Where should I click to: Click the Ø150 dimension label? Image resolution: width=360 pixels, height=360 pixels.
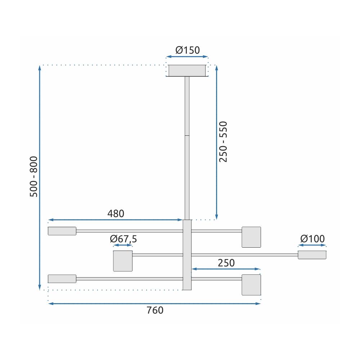pos(188,50)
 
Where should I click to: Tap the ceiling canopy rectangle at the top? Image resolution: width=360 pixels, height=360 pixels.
pos(187,71)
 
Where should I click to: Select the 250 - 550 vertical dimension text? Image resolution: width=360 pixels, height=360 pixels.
pos(224,142)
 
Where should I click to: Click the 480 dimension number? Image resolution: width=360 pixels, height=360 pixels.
pos(116,213)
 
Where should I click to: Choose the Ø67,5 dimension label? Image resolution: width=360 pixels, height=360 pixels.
pos(123,239)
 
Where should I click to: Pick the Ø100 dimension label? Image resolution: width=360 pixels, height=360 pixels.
pos(312,239)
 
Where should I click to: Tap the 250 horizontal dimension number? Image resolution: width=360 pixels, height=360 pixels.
pos(226,263)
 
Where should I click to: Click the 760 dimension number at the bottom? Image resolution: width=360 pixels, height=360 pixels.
pos(155,310)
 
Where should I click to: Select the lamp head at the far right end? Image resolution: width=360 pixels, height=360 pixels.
pos(312,255)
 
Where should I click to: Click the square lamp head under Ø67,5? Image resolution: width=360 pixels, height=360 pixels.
pos(123,261)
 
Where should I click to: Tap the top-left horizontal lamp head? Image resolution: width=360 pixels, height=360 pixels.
pos(62,231)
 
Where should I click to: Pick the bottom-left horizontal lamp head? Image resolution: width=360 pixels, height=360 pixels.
pos(62,279)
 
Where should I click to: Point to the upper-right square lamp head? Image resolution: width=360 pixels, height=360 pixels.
pos(251,237)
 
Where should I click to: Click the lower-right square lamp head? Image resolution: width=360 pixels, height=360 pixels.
pos(251,285)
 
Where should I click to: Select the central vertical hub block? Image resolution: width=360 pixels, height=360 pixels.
pos(187,255)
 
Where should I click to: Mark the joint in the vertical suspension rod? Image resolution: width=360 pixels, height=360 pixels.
pos(187,136)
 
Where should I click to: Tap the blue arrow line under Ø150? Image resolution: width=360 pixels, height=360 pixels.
pos(187,57)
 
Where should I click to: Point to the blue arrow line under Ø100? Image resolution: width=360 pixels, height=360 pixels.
pos(312,246)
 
